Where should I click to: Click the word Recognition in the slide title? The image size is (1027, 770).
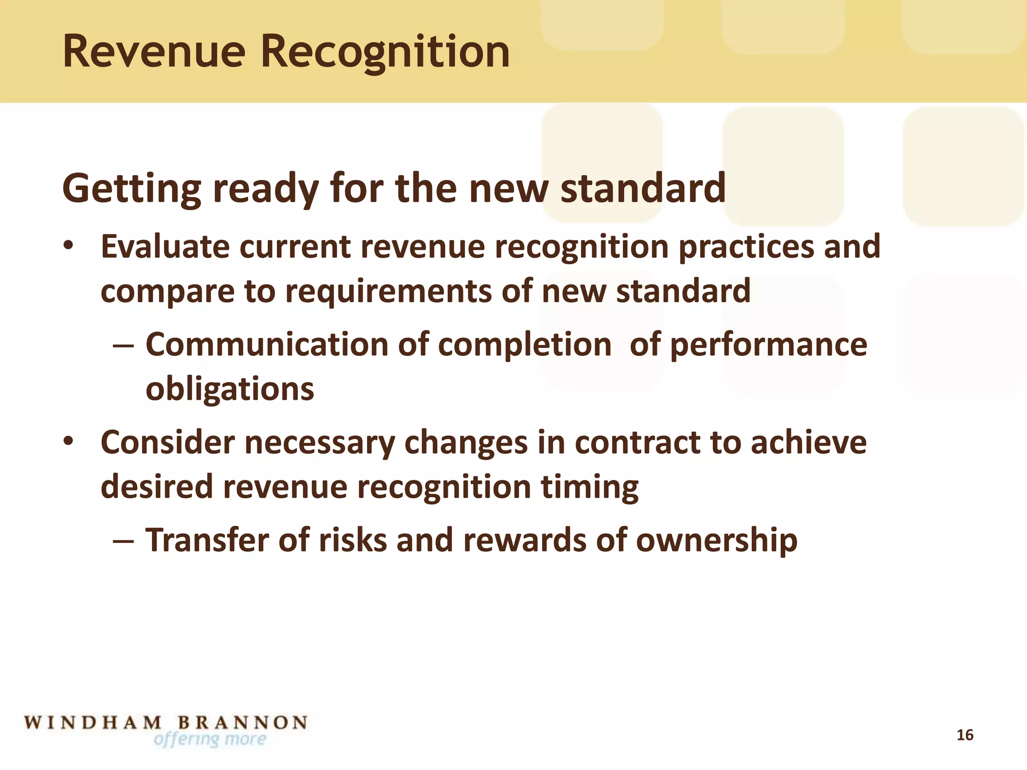pos(385,52)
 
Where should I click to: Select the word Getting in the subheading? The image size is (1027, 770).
pos(131,189)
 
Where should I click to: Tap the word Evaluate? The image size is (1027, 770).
pos(164,247)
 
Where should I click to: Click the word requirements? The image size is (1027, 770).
pos(388,292)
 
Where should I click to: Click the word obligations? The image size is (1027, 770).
pos(230,390)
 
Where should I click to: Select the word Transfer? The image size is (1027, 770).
pos(207,540)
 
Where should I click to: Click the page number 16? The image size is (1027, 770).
pos(965,735)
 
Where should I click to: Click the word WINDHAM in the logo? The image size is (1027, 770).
pos(93,723)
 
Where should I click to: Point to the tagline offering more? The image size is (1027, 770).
pos(210,739)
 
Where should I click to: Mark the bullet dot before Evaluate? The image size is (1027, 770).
pos(69,246)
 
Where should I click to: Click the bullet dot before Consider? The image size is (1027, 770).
pos(69,442)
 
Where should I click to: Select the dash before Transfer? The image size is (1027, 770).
pos(123,541)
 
